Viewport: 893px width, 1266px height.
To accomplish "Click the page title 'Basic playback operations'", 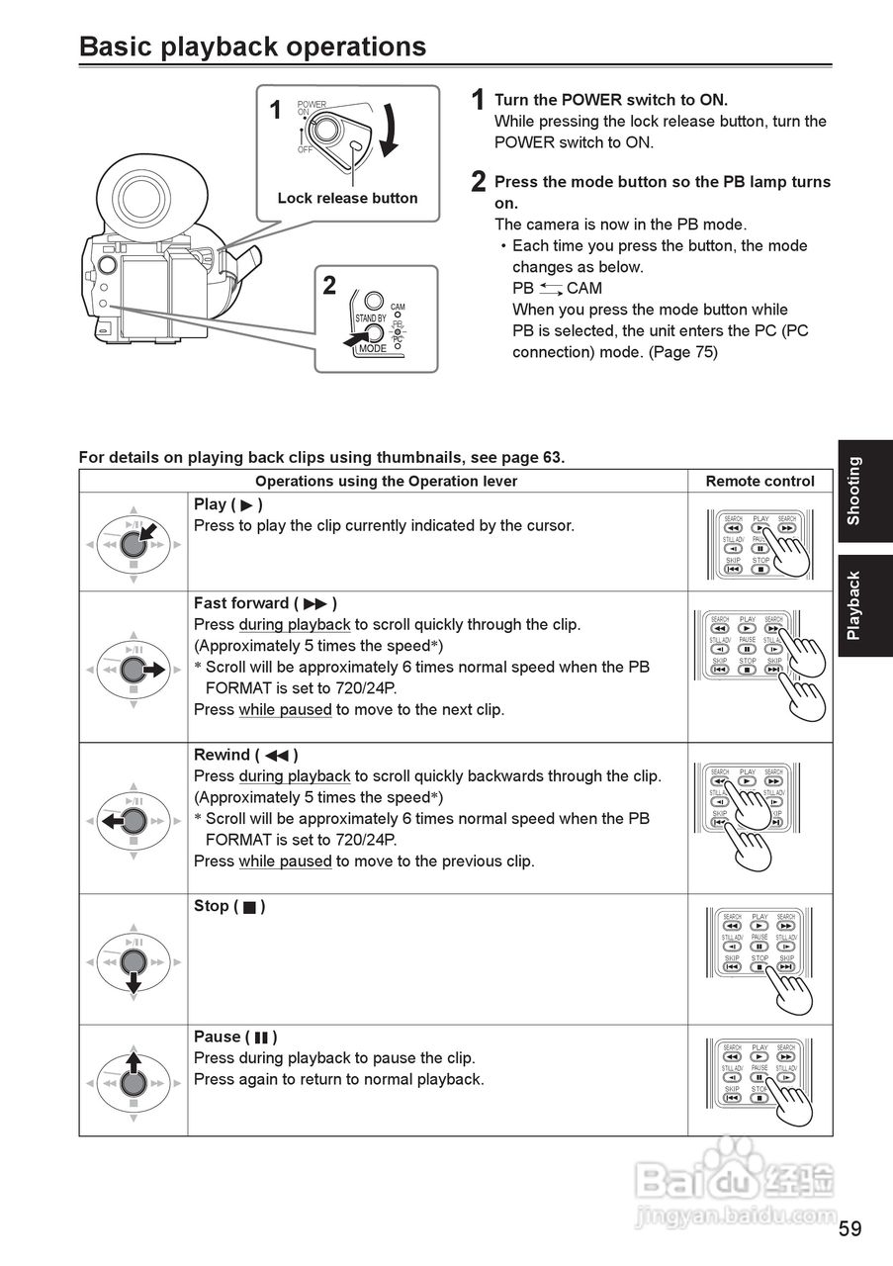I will (252, 46).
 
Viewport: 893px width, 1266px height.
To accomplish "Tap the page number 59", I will (849, 1229).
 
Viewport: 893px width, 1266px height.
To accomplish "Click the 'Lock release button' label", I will (347, 198).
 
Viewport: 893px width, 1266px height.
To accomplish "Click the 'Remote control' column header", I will (759, 481).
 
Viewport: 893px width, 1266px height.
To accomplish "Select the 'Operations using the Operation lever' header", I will (386, 481).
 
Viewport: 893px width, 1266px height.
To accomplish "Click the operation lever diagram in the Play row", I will (134, 543).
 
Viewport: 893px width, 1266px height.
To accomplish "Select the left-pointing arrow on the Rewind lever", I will (112, 821).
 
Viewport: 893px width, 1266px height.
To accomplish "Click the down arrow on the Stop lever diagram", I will (134, 980).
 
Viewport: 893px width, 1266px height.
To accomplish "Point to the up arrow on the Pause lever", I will (134, 1063).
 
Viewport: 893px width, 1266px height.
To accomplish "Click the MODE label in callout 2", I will (373, 349).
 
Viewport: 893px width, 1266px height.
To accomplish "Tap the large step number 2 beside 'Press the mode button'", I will (479, 182).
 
